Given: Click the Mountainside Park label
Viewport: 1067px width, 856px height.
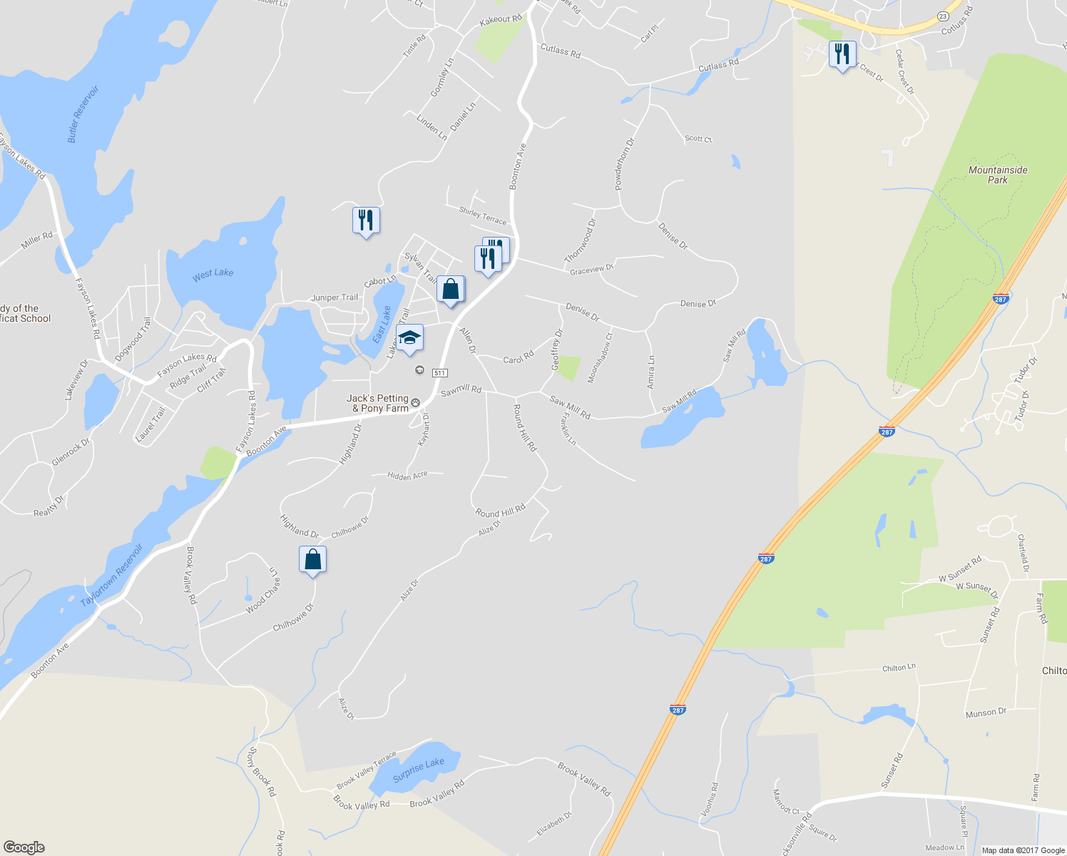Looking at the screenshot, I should (x=997, y=175).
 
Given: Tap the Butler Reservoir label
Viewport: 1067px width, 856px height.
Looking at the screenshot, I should (x=83, y=114).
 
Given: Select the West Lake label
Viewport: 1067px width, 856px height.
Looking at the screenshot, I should (x=213, y=273).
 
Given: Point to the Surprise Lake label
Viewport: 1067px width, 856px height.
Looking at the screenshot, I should (x=419, y=770).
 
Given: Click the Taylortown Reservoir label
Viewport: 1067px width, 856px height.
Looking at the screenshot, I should (x=112, y=575).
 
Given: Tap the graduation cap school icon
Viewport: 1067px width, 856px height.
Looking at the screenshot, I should (x=409, y=338).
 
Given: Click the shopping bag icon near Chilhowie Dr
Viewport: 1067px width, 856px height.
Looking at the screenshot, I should (x=312, y=560).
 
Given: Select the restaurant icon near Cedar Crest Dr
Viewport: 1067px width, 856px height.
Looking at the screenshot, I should (x=842, y=55).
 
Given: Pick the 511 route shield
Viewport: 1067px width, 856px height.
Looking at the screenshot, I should (x=439, y=373).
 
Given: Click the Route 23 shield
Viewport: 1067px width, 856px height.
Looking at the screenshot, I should (x=942, y=16).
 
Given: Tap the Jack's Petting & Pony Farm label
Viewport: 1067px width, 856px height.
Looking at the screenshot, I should (x=378, y=403).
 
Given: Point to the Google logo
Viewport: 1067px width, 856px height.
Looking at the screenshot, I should (x=24, y=847).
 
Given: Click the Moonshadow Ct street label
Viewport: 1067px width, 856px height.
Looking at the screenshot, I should (x=600, y=357).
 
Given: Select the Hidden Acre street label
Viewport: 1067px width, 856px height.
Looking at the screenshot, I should (x=407, y=475).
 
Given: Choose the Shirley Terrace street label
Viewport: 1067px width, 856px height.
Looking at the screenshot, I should (x=483, y=215).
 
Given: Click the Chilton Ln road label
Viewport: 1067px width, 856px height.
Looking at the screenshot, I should (x=899, y=668).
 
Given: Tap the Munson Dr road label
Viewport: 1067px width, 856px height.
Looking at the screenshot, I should (x=986, y=712).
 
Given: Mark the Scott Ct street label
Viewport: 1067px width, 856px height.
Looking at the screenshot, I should (x=698, y=138).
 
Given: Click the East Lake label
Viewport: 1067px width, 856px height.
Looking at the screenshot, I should (x=382, y=324).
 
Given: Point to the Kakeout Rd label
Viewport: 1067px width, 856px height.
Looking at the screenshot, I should (x=501, y=20).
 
